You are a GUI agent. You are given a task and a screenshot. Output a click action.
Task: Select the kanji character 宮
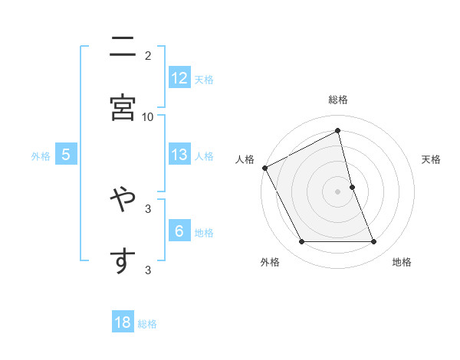[x=123, y=107]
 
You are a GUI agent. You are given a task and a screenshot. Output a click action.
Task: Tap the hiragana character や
[x=123, y=201]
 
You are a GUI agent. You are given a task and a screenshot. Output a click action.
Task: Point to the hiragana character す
[x=123, y=260]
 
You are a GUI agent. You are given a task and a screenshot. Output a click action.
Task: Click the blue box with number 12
[x=179, y=78]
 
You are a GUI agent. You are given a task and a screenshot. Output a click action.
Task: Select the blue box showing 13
[x=179, y=155]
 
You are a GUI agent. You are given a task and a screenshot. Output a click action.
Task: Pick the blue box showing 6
[x=179, y=231]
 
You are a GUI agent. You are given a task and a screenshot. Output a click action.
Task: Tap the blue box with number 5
[x=66, y=155]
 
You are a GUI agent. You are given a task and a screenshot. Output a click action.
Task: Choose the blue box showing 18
[x=123, y=322]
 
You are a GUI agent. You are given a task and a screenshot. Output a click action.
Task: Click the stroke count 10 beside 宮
[x=148, y=116]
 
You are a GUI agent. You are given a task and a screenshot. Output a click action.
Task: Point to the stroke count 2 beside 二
[x=148, y=55]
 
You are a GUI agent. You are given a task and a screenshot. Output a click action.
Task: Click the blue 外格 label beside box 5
[x=41, y=155]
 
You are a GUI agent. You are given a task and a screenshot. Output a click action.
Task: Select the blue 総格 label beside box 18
[x=147, y=324]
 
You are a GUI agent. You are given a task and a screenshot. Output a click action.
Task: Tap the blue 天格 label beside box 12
[x=204, y=79]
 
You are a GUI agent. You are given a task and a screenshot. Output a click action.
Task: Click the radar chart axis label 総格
[x=338, y=100]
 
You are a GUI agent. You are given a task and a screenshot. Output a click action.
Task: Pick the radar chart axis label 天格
[x=432, y=159]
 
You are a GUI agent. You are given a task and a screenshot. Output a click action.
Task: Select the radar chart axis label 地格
[x=402, y=262]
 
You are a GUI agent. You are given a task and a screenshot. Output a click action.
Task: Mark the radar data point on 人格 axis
[x=264, y=167]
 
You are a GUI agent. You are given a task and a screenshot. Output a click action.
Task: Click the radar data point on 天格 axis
[x=353, y=186]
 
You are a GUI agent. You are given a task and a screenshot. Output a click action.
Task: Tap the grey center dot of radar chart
[x=338, y=191]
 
